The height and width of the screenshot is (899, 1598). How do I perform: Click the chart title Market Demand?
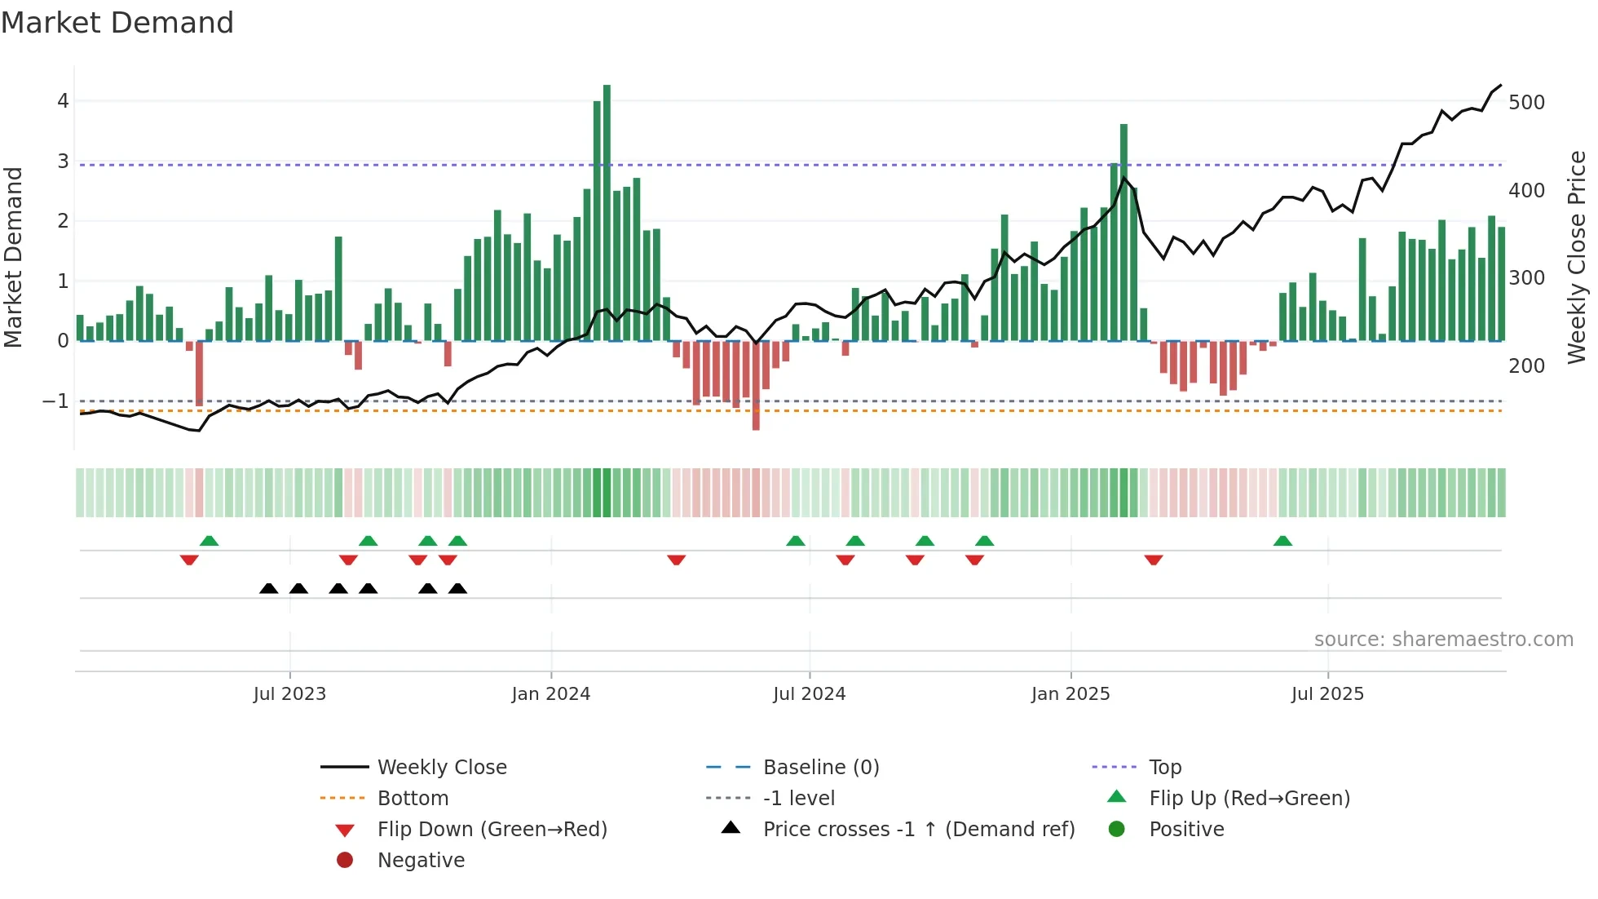(x=117, y=23)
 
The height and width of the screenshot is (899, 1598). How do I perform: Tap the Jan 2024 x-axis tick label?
(x=551, y=694)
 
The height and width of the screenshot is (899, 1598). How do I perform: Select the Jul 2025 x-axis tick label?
(x=1327, y=694)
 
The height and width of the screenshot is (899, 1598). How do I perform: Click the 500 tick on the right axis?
(x=1526, y=103)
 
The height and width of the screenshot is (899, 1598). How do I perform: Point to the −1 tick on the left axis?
(x=55, y=401)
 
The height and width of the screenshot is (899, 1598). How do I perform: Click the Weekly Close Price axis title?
(x=1577, y=257)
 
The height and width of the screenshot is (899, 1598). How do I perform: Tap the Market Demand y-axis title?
(x=13, y=257)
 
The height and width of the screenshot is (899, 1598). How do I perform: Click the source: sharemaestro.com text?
(x=1443, y=640)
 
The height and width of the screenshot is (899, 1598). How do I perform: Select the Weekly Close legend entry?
(x=442, y=768)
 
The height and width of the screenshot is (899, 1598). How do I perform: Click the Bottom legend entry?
(x=413, y=799)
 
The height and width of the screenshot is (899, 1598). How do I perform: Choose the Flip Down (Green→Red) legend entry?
(x=492, y=830)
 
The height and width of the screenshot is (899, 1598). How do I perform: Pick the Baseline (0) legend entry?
(x=821, y=768)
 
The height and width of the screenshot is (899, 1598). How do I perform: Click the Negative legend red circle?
(x=345, y=861)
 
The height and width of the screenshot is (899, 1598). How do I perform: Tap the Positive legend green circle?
(x=1117, y=830)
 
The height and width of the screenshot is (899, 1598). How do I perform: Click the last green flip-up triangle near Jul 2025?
(x=1282, y=541)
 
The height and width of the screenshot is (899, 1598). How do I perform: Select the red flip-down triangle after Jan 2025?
(x=1153, y=560)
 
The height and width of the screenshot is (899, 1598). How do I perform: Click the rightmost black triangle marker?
(x=457, y=588)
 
